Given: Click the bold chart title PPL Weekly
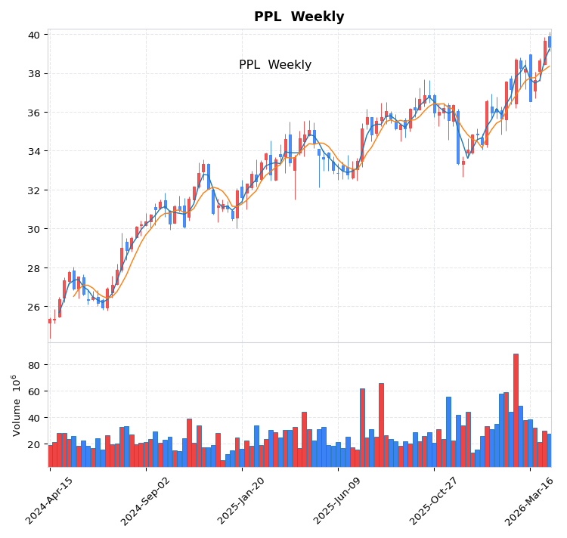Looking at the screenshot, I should click(x=299, y=17).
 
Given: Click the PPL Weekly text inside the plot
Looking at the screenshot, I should click(x=275, y=65).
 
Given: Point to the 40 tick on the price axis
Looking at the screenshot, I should click(x=35, y=35).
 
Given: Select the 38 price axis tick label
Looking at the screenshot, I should click(x=35, y=74).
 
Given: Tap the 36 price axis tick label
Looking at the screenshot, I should click(x=35, y=113).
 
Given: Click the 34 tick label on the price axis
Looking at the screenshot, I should click(x=35, y=151).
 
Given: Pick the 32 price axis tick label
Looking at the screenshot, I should click(x=35, y=190).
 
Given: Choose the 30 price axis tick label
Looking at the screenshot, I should click(x=35, y=229).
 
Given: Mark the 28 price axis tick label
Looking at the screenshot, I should click(x=35, y=268).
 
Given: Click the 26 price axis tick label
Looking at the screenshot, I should click(x=35, y=307).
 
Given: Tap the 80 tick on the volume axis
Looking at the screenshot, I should click(x=35, y=365).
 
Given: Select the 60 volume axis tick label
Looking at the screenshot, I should click(x=35, y=391).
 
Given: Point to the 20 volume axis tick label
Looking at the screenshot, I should click(x=35, y=444).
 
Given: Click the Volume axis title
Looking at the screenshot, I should click(x=16, y=405).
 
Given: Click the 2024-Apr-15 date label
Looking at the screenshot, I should click(x=50, y=500).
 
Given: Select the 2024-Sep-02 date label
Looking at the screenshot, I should click(x=146, y=500).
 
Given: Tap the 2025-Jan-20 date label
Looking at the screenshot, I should click(x=242, y=500).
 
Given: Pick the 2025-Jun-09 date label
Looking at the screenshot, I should click(x=338, y=500).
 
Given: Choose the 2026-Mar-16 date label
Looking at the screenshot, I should click(x=530, y=500).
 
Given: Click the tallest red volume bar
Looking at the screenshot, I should click(x=516, y=410).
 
